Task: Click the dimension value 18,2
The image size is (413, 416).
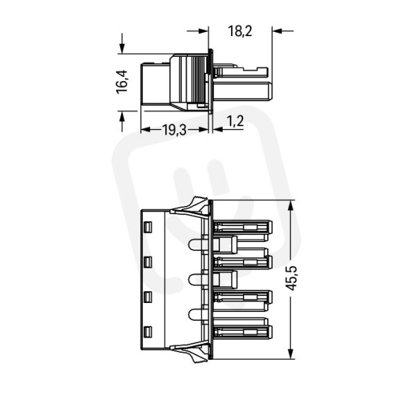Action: coord(239,31)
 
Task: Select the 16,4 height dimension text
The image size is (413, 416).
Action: coord(122,82)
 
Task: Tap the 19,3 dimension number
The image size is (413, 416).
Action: coord(174,130)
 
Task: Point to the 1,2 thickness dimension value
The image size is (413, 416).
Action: coord(235,121)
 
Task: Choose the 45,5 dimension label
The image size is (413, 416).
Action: coord(292,278)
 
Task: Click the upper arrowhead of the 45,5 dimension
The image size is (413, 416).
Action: coord(291,205)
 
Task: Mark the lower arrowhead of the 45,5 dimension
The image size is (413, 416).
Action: coord(291,354)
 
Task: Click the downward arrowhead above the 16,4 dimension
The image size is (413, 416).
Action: coord(122,49)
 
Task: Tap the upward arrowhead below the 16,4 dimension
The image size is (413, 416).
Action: coord(122,116)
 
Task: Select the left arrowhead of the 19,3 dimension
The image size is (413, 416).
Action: coord(146,130)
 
